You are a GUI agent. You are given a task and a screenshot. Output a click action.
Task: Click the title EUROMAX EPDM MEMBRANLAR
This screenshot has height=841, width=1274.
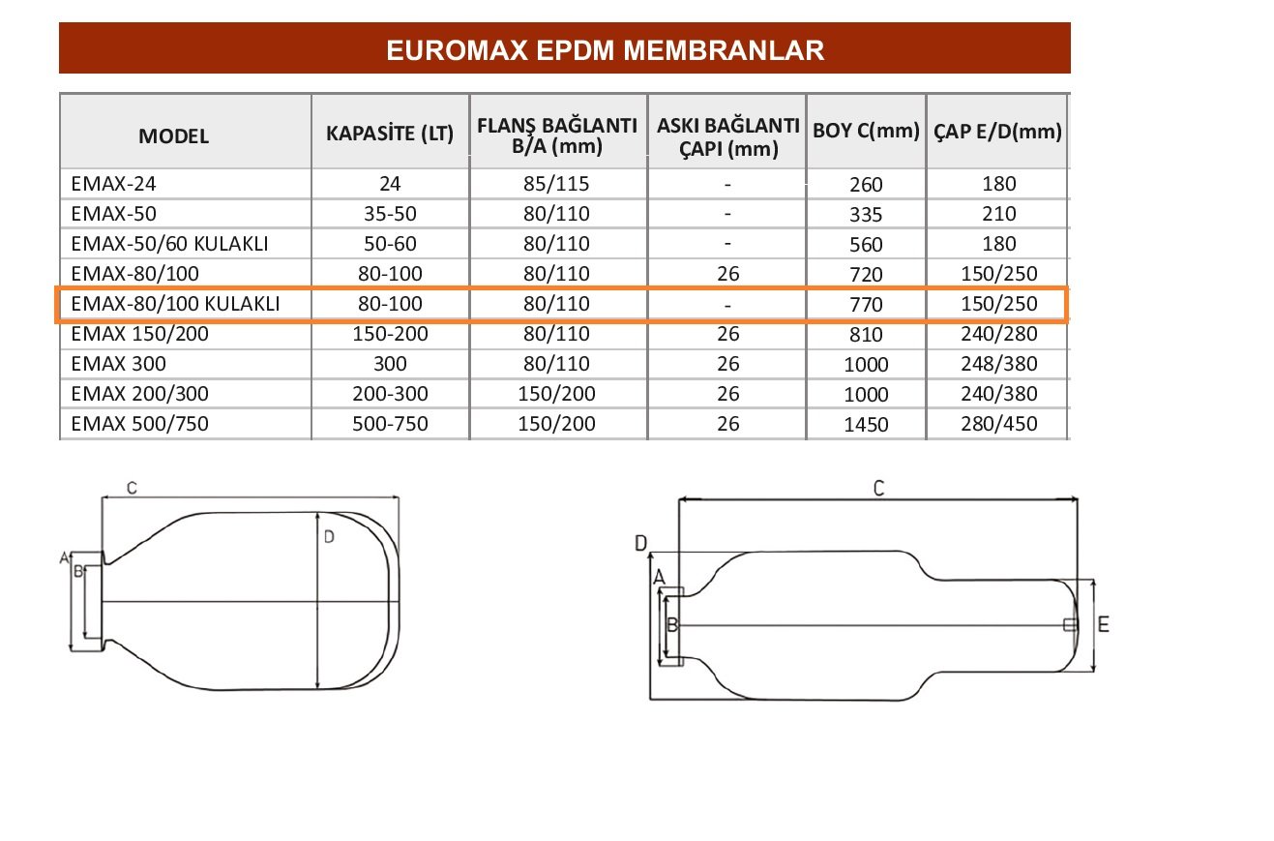coord(605,50)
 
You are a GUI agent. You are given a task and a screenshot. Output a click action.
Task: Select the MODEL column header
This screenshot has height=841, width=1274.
coord(173,136)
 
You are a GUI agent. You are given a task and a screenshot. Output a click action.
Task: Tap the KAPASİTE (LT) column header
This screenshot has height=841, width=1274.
coord(390,134)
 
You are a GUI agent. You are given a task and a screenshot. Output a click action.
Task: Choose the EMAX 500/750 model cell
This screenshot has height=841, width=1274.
coord(139,424)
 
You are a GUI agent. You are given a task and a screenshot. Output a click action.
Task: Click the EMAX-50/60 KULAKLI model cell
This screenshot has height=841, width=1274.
coord(169,244)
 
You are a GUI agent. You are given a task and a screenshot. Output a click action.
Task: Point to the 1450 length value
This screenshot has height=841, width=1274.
coord(865,425)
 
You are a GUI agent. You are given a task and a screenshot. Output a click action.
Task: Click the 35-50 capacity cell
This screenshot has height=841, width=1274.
coord(390,213)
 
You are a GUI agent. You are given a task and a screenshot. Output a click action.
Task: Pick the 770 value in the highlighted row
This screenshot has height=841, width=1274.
coord(865,305)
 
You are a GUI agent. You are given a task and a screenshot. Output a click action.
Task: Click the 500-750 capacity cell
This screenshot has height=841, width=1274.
coord(390,424)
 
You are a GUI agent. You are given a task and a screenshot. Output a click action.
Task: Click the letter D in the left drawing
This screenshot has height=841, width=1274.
coord(329,537)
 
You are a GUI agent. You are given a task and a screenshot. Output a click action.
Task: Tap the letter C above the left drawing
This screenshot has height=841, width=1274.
coord(131,489)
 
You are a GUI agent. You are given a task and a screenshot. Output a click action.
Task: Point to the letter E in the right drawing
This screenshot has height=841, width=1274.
coord(1104,625)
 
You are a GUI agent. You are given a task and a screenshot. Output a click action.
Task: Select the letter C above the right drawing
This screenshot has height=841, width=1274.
coord(878,489)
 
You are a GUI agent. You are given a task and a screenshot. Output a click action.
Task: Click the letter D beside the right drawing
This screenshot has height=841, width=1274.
coord(639,545)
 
